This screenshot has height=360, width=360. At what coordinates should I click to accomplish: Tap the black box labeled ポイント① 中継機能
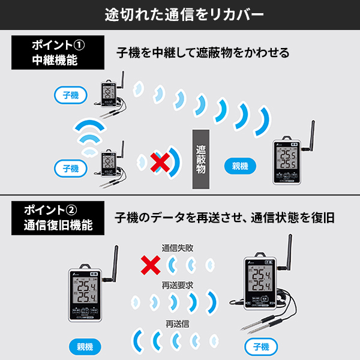55,53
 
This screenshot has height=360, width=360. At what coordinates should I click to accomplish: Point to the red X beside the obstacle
159,161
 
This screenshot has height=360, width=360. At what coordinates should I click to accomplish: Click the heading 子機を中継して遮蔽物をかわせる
203,53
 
